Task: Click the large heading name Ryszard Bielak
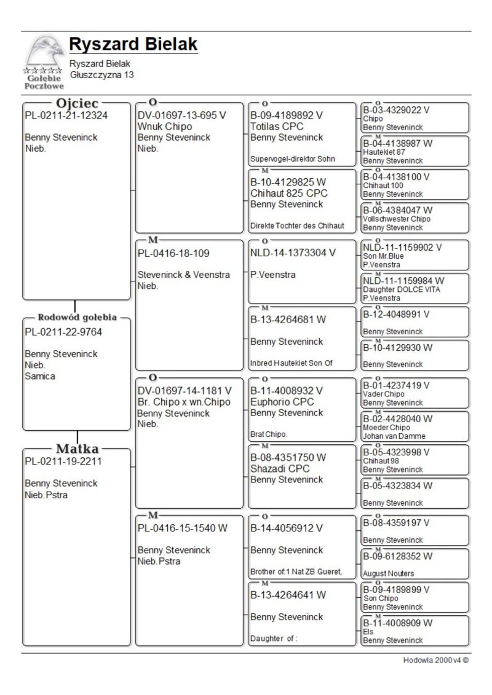[x=133, y=44]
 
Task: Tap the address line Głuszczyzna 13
[x=101, y=75]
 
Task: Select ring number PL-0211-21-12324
[x=66, y=116]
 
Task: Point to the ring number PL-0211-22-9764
[x=63, y=332]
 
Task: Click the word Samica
[x=40, y=376]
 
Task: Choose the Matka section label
[x=77, y=449]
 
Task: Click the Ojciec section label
[x=77, y=103]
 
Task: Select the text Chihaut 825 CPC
[x=289, y=193]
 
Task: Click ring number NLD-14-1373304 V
[x=293, y=252]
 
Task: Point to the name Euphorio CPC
[x=282, y=402]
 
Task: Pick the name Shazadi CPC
[x=280, y=468]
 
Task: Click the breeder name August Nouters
[x=389, y=573]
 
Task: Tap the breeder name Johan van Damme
[x=394, y=436]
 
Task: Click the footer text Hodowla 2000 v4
[x=435, y=661]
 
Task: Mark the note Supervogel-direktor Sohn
[x=292, y=159]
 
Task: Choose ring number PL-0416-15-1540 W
[x=183, y=528]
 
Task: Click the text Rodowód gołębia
[x=77, y=318]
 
